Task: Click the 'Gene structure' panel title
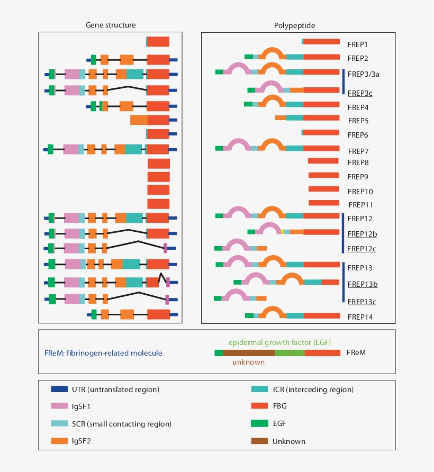click(x=111, y=25)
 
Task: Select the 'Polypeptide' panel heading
click(x=295, y=25)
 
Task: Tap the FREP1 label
click(x=357, y=44)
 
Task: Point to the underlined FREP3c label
click(x=359, y=93)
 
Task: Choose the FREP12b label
click(x=362, y=233)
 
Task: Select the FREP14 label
click(x=359, y=317)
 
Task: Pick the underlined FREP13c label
click(x=362, y=302)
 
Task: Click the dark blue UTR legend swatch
click(x=58, y=389)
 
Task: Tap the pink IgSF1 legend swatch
click(x=58, y=406)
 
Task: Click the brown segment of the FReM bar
click(x=249, y=352)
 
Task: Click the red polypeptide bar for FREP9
click(x=323, y=175)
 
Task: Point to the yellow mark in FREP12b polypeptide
click(x=283, y=231)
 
